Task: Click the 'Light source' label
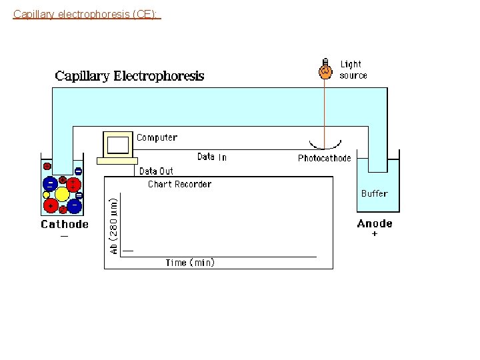pos(353,70)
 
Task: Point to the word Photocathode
pos(324,159)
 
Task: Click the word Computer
pos(157,138)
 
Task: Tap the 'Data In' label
pos(212,157)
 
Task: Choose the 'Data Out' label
pos(156,171)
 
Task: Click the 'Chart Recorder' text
pos(179,184)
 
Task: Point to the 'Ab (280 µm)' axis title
pos(114,223)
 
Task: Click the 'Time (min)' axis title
pos(190,263)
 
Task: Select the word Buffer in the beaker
pos(374,193)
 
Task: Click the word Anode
pos(375,223)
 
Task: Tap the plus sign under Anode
pos(374,235)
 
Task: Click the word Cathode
pos(65,224)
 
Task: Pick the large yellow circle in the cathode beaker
pos(62,194)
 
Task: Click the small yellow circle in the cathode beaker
pos(47,195)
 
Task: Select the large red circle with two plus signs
pos(71,183)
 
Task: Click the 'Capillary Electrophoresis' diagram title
pos(129,75)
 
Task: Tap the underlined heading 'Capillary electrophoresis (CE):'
pos(87,13)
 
